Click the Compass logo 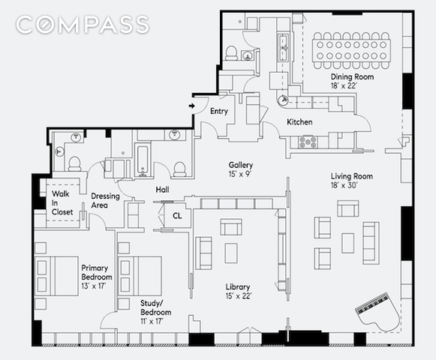83,25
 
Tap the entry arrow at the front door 191,106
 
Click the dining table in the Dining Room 351,50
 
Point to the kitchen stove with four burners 307,142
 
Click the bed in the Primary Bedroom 56,276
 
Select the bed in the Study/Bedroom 140,276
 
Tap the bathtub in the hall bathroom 143,160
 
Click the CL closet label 177,216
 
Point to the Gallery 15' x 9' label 241,169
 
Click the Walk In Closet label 62,203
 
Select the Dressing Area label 105,200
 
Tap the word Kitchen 299,121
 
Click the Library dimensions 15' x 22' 238,295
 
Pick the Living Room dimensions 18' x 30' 344,185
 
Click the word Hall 162,190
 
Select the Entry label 219,111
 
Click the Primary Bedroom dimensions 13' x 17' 93,286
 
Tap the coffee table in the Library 231,253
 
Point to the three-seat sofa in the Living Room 371,243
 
